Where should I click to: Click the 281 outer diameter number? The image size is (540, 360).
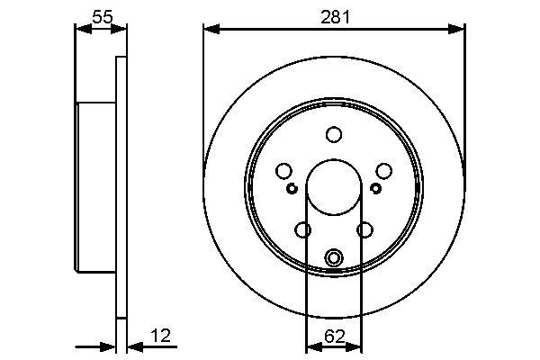click(334, 16)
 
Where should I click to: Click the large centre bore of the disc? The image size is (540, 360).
click(334, 186)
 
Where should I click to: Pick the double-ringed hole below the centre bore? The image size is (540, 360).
click(334, 258)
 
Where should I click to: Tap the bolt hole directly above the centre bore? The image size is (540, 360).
click(334, 134)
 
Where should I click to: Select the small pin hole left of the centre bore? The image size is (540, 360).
click(292, 188)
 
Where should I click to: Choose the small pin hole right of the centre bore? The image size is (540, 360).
click(376, 188)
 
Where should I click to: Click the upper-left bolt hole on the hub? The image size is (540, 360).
click(283, 171)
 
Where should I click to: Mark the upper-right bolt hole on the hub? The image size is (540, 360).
click(384, 171)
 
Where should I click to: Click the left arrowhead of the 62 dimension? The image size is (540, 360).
click(312, 346)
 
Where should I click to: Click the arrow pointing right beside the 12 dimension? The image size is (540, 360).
click(108, 346)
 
